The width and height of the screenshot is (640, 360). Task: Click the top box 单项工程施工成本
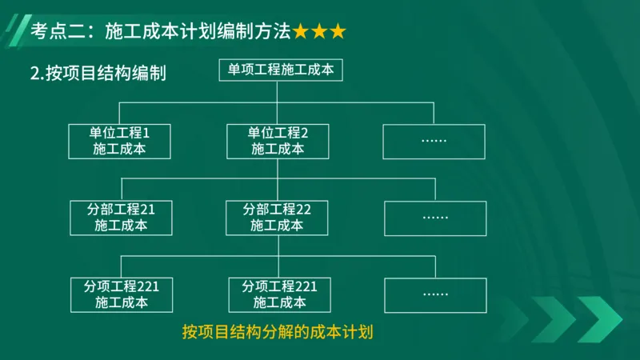pos(281,70)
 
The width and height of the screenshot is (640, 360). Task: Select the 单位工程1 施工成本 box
pos(120,140)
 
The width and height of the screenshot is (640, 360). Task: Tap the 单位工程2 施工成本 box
pos(278,140)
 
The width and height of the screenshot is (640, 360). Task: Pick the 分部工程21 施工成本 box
pos(121,218)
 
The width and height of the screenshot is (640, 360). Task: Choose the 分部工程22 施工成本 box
pos(277,218)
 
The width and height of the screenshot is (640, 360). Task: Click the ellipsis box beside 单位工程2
pos(433,140)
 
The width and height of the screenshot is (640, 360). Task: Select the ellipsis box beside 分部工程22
pos(435,218)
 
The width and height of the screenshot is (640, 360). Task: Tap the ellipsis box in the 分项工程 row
pos(435,294)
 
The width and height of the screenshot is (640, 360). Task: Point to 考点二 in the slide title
pos(55,32)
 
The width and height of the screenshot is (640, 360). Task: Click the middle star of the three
pos(319,32)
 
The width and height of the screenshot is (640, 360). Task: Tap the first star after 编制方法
pos(301,32)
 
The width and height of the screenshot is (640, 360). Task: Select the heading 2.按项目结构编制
pos(98,74)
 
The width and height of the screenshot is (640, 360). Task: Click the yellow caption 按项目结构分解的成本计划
pos(278,331)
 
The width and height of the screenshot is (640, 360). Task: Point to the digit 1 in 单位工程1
pos(146,132)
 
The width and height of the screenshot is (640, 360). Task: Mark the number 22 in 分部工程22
pos(303,210)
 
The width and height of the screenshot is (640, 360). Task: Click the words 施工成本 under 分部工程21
pos(121,226)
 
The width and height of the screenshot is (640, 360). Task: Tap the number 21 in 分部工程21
pos(147,210)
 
